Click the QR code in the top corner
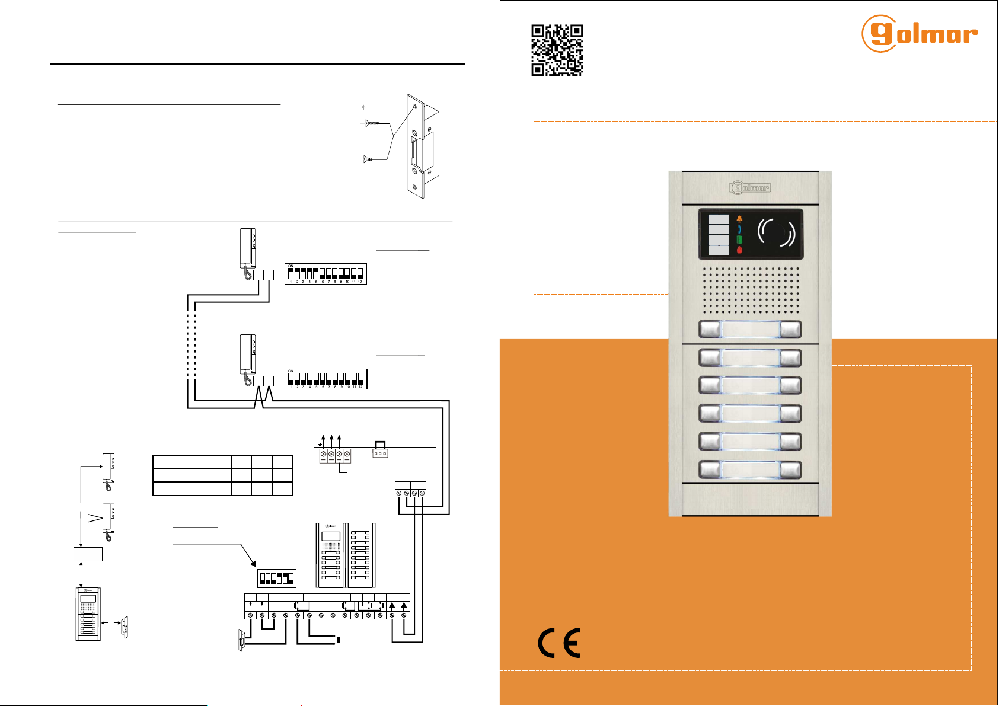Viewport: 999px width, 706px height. pyautogui.click(x=557, y=50)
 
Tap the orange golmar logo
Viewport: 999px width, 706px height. pyautogui.click(x=919, y=34)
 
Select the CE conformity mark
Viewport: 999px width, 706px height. pyautogui.click(x=559, y=643)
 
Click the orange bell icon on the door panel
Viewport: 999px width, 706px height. pyautogui.click(x=739, y=219)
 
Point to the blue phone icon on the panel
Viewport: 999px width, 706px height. pyautogui.click(x=739, y=229)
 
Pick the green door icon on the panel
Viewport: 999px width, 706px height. pyautogui.click(x=739, y=239)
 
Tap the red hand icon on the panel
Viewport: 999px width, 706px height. pyautogui.click(x=739, y=250)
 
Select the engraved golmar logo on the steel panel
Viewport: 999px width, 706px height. pyautogui.click(x=750, y=188)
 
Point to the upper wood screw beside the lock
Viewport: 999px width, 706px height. pyautogui.click(x=373, y=123)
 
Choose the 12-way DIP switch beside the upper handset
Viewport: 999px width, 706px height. pyautogui.click(x=325, y=273)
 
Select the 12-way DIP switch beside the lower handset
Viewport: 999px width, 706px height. pyautogui.click(x=326, y=379)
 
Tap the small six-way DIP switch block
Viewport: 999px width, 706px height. pyautogui.click(x=276, y=578)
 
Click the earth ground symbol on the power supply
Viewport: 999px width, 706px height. pyautogui.click(x=320, y=444)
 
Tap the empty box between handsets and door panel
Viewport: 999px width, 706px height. pyautogui.click(x=88, y=554)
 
